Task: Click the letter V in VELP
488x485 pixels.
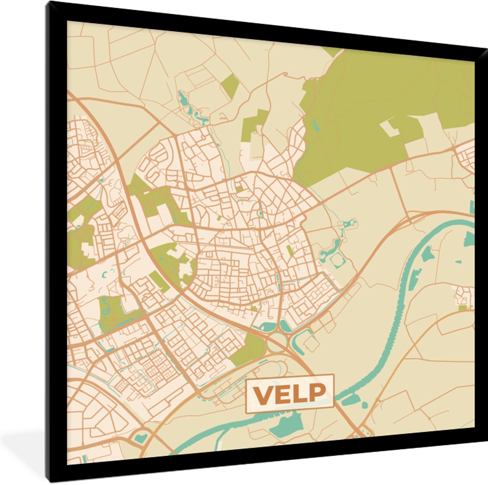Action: tap(263, 393)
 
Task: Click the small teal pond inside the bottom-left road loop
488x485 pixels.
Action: tap(141, 437)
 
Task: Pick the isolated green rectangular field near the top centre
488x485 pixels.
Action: tap(231, 85)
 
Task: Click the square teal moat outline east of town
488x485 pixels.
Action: tap(338, 261)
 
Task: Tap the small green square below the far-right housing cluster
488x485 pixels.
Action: tap(462, 308)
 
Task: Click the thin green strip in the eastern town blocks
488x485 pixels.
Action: tap(289, 250)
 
